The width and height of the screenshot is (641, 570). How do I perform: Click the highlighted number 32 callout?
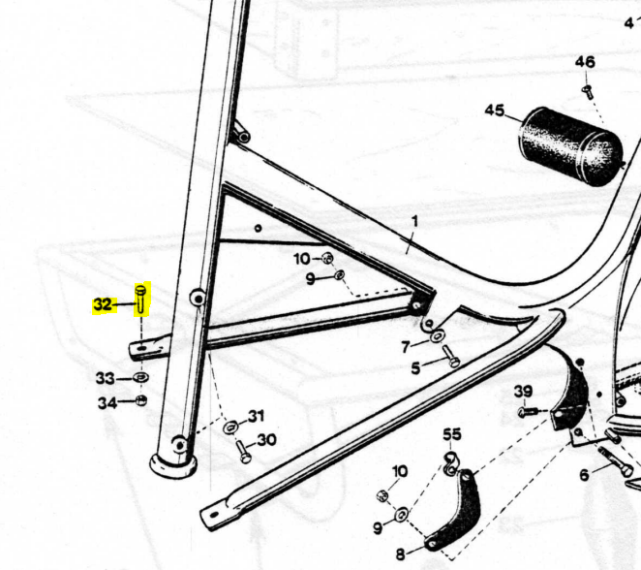[x=103, y=304]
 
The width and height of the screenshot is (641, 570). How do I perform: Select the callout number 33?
[x=106, y=378]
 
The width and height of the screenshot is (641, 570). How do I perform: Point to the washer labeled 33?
[x=141, y=377]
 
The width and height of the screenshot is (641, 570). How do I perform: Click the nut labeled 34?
[x=140, y=400]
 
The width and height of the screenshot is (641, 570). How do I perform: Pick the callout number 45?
[x=495, y=111]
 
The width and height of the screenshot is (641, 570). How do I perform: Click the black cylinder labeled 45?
[x=571, y=146]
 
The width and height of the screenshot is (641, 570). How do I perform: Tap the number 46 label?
[x=585, y=62]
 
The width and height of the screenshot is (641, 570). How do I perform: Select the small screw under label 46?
[x=588, y=91]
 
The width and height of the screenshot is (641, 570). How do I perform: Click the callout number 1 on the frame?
[x=414, y=221]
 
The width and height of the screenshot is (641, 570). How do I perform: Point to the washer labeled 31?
[x=231, y=427]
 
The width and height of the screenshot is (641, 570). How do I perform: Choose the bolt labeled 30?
[x=243, y=452]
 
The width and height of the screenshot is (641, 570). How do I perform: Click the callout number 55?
[x=452, y=434]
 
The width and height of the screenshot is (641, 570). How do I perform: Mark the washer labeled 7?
[x=437, y=337]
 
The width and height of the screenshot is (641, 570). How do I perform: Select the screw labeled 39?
[x=528, y=412]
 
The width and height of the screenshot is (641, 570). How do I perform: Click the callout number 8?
[x=400, y=554]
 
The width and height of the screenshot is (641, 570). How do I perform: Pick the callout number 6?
[x=584, y=475]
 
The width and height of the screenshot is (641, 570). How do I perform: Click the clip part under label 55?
[x=450, y=464]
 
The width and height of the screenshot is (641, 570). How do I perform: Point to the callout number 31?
[x=256, y=416]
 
